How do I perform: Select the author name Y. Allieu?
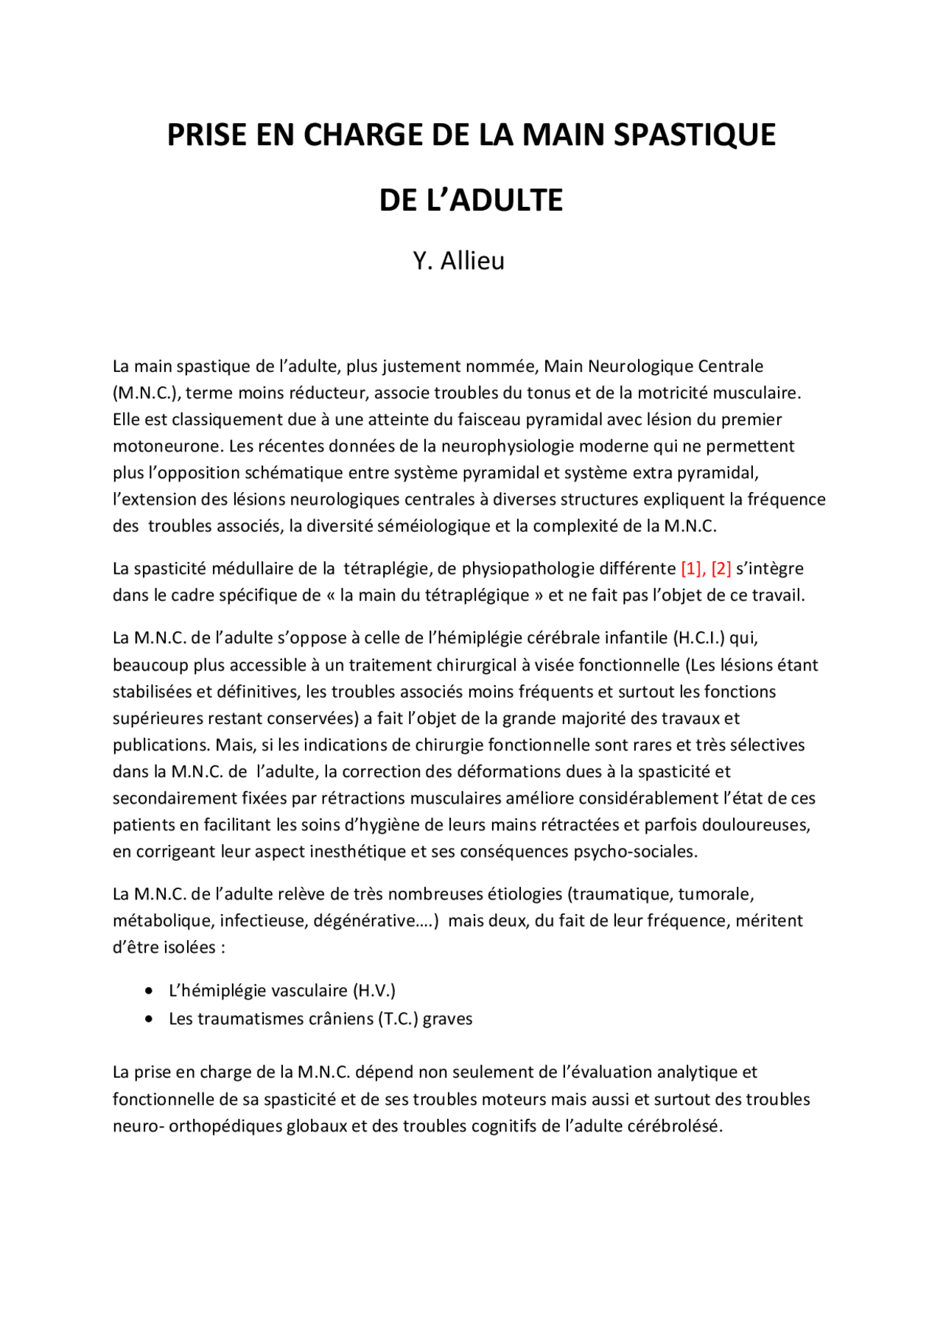(458, 261)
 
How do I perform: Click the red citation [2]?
(721, 569)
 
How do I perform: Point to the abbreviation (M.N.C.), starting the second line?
(147, 393)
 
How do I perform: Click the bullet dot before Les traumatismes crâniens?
(150, 1019)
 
